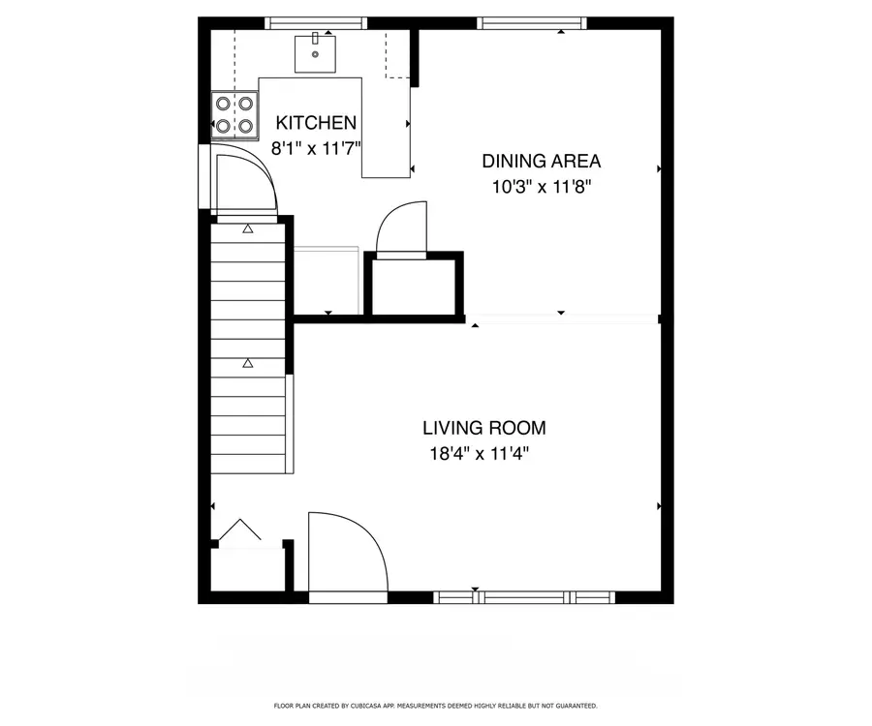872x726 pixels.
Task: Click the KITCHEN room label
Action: tap(316, 123)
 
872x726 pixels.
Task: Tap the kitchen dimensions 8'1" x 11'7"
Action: tap(316, 149)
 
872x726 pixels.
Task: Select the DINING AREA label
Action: tap(541, 161)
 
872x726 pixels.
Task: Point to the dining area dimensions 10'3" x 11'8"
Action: tap(541, 187)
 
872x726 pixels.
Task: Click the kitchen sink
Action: tap(316, 52)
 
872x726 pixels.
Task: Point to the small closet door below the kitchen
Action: tap(400, 230)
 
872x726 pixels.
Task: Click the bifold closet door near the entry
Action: tap(238, 531)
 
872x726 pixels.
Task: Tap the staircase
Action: tap(248, 348)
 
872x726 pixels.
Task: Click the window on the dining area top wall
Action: tap(533, 23)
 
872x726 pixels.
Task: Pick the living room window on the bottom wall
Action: tap(524, 596)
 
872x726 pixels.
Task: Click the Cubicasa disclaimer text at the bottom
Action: tap(435, 706)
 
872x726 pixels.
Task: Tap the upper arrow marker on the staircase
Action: tap(248, 229)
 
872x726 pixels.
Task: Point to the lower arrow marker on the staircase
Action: tap(248, 363)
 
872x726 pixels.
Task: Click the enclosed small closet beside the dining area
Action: tap(414, 287)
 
